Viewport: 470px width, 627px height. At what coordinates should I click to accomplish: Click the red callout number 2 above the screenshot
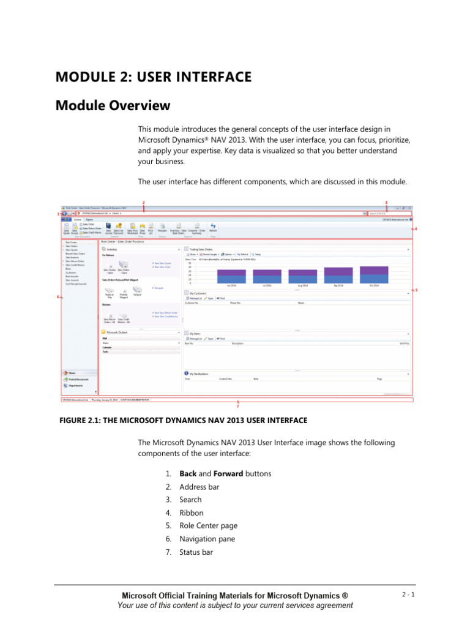(143, 202)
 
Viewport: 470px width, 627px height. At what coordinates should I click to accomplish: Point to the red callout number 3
(386, 202)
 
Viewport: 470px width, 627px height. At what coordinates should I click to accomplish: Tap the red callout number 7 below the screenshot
(237, 407)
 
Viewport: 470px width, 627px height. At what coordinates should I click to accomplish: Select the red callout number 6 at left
(58, 297)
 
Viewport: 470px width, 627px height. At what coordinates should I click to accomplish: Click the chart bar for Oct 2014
(374, 274)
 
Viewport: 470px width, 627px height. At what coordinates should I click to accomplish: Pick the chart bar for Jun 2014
(231, 276)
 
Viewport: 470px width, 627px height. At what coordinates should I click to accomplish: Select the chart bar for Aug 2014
(303, 276)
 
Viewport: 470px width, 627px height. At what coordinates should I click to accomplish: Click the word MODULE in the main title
(84, 77)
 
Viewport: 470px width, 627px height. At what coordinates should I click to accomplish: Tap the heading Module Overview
(113, 106)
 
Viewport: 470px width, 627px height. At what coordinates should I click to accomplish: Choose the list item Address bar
(199, 487)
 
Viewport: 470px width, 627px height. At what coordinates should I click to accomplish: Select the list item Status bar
(196, 552)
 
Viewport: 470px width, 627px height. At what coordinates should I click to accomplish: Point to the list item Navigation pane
(207, 539)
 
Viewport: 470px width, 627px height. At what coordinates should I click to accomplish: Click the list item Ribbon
(191, 513)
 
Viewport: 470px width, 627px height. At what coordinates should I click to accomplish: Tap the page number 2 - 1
(408, 595)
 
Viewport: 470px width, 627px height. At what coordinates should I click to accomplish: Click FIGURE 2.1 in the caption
(80, 420)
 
